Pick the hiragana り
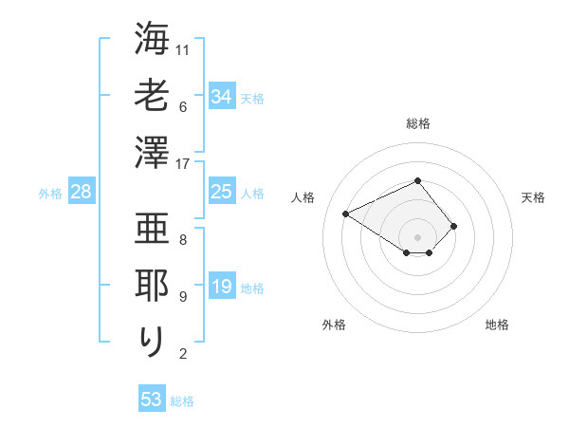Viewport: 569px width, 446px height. point(153,341)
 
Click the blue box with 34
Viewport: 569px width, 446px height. point(221,96)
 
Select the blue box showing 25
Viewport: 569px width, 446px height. point(221,193)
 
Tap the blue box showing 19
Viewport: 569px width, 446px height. point(221,288)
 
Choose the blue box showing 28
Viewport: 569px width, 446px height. point(81,193)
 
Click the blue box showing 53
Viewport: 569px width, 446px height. point(152,400)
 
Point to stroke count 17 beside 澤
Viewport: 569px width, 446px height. point(183,164)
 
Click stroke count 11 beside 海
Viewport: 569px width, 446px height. point(183,48)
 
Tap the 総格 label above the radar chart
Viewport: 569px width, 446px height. point(417,123)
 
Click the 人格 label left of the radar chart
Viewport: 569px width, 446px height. point(303,197)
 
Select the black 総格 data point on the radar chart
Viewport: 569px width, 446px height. point(417,180)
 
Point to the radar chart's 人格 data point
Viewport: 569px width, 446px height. point(346,214)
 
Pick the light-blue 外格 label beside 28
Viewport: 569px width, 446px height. point(50,194)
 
